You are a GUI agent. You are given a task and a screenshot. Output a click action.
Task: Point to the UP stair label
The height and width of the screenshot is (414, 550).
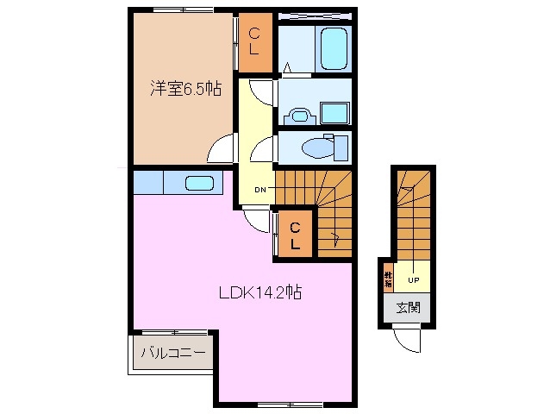(413, 279)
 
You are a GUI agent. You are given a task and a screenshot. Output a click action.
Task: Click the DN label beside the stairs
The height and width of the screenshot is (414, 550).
(261, 190)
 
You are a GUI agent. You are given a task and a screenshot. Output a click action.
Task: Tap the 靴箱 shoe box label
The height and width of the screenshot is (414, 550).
(389, 279)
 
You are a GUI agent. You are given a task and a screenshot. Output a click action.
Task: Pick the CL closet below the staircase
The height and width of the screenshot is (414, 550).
(295, 235)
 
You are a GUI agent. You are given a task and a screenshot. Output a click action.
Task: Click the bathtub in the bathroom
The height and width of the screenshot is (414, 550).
(332, 48)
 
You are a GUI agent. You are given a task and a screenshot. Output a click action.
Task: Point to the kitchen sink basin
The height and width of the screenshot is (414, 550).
(199, 183)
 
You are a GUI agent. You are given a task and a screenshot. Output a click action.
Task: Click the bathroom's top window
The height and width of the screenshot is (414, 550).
(315, 15)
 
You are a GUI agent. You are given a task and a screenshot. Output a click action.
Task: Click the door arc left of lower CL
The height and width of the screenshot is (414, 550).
(258, 222)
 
